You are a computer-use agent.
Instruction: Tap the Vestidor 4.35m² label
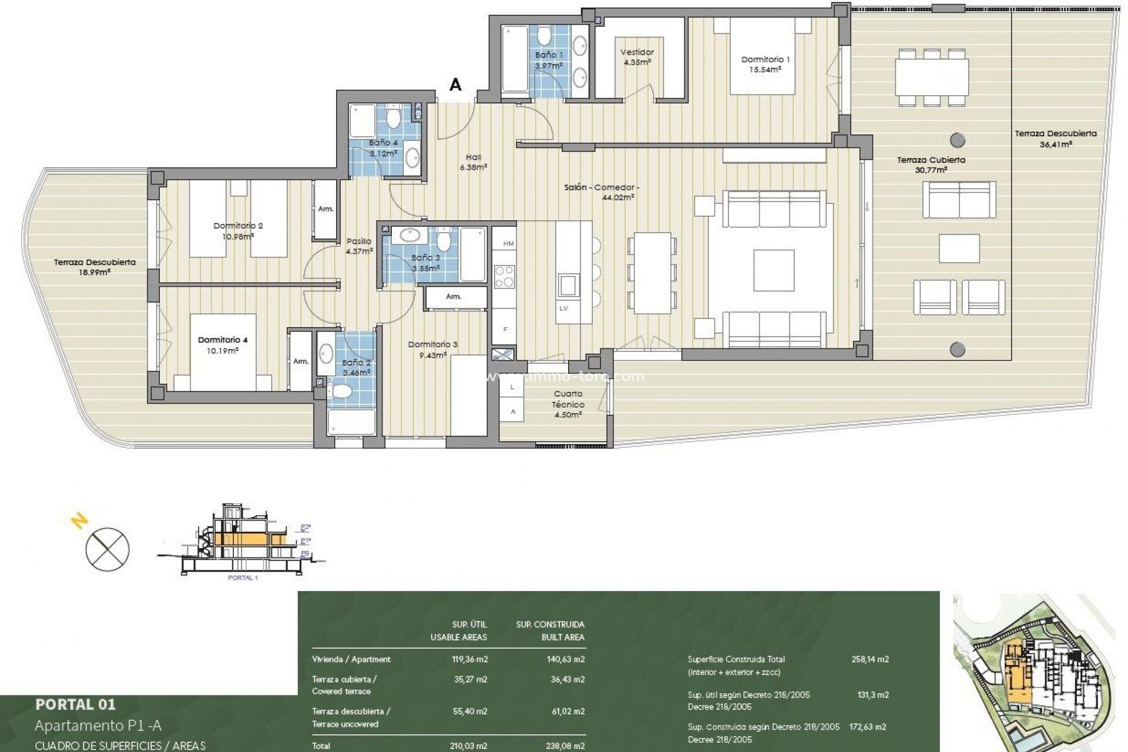coord(637,57)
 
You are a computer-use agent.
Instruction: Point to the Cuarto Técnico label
coord(568,404)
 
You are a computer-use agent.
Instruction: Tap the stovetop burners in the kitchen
coord(504,277)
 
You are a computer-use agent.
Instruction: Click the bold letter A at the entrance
coord(455,85)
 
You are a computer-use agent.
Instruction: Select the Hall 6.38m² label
coord(474,162)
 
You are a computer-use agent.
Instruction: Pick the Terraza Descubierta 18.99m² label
coord(95,267)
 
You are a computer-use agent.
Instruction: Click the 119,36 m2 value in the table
coord(468,659)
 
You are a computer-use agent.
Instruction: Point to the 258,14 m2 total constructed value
coord(869,659)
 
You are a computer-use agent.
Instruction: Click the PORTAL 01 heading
coord(75,704)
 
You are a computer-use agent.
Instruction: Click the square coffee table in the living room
coord(774,270)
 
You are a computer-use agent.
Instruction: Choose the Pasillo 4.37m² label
coord(359,246)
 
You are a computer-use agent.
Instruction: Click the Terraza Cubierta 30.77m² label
coord(931,164)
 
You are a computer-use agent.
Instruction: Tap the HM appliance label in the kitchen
coord(508,243)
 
